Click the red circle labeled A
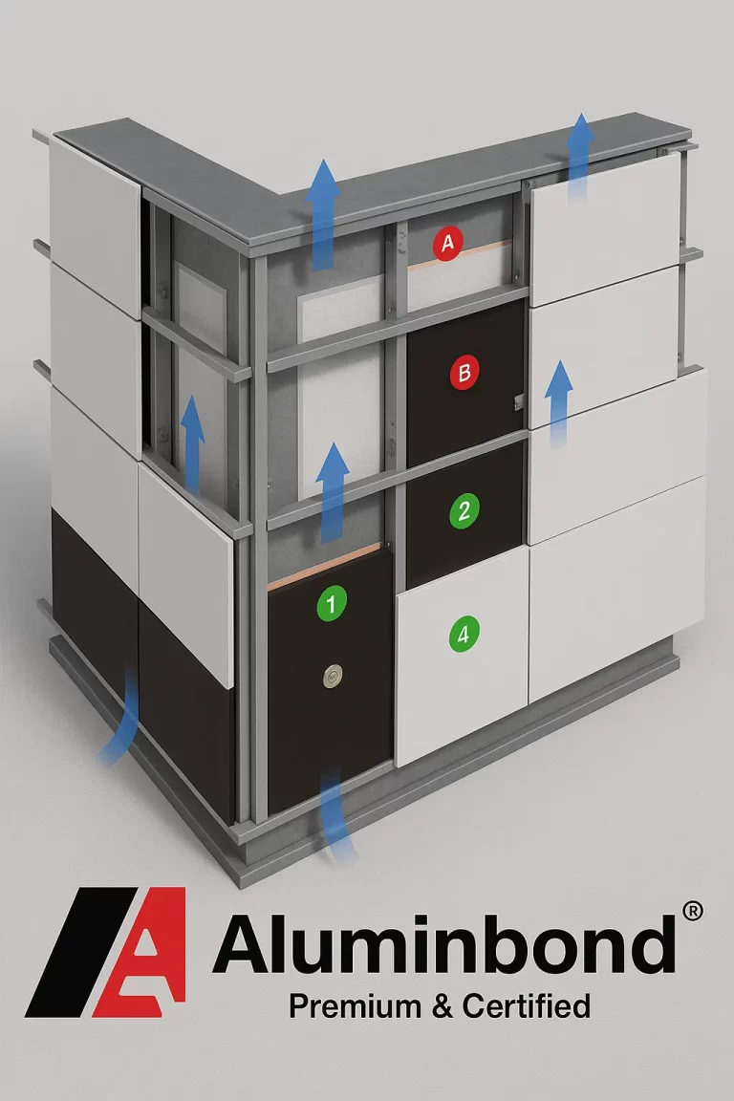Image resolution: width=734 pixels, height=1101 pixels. (x=447, y=244)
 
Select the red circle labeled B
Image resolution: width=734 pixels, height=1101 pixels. (x=464, y=373)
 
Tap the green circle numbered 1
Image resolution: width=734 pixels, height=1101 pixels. (x=331, y=603)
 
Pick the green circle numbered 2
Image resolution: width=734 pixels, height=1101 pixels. (x=464, y=509)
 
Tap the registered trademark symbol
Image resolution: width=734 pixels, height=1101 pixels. (x=694, y=911)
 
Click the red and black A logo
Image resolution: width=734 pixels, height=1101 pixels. (x=108, y=951)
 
